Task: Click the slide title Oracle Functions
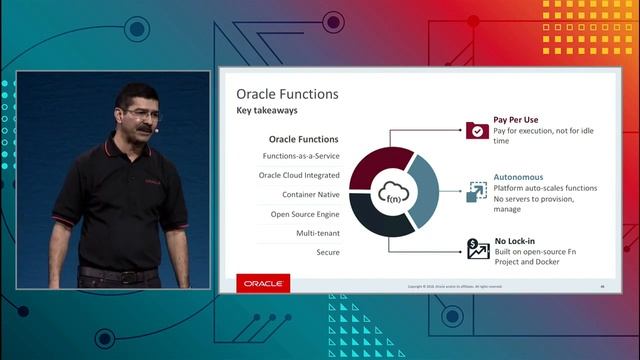tap(287, 94)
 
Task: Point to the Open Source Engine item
tap(304, 213)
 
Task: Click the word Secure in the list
tap(326, 252)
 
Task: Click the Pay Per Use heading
tap(517, 119)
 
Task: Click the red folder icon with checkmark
tap(477, 129)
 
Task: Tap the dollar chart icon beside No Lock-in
tap(477, 247)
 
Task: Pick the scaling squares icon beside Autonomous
tap(477, 190)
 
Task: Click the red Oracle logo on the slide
tap(264, 284)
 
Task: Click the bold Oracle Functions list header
tap(304, 139)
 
